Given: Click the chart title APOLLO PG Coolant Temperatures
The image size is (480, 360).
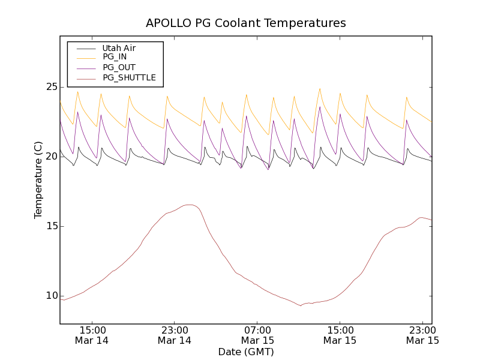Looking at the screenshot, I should (246, 23).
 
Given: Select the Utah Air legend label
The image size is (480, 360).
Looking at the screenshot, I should (119, 48).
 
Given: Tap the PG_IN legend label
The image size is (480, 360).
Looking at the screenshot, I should (115, 57).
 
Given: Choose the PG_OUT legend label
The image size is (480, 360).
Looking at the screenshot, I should (119, 67).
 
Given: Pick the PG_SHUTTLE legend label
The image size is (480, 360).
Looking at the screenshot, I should (129, 77).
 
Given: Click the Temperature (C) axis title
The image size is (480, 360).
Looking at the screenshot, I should (38, 180).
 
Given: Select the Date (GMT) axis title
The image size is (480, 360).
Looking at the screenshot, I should (246, 352).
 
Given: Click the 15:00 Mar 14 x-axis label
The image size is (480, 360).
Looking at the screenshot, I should (92, 335).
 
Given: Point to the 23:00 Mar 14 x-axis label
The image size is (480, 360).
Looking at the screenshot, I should (175, 335).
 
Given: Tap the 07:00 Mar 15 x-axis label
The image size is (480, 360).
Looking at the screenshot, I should (257, 335).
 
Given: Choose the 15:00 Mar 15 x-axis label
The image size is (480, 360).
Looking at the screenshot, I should (340, 335).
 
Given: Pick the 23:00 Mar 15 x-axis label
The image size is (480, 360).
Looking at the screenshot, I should (422, 335).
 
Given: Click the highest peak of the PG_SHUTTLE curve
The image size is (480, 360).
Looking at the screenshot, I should (189, 205).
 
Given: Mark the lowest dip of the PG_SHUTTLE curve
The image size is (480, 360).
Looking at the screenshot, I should (301, 305).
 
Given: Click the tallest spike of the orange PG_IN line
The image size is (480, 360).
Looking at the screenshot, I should (320, 89).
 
